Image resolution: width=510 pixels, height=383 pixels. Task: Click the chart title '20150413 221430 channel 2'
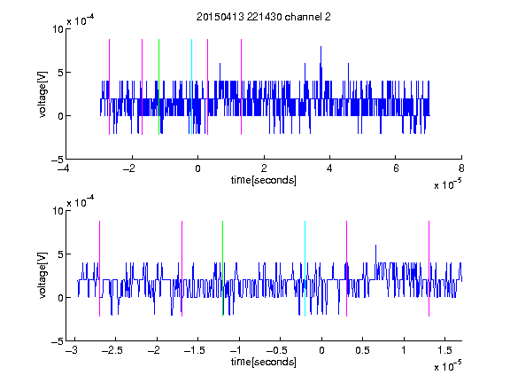(264, 17)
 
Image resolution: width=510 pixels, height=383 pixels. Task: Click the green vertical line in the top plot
(158, 87)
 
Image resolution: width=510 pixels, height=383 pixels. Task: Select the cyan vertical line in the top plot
(191, 87)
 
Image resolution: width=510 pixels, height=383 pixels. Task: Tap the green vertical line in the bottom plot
(222, 269)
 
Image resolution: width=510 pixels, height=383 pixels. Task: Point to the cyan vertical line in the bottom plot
(305, 269)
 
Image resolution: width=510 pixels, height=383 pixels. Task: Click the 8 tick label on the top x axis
(461, 168)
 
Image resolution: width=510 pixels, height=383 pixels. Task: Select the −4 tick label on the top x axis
(64, 168)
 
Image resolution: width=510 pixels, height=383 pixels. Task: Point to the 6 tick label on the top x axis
(396, 168)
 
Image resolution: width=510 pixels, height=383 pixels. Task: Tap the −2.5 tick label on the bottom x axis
(112, 350)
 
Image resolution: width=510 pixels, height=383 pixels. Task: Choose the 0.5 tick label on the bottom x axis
(362, 350)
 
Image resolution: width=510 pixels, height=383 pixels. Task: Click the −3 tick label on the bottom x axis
(72, 350)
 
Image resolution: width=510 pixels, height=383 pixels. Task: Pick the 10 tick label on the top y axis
(58, 29)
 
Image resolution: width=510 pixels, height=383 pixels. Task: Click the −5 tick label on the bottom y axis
(58, 341)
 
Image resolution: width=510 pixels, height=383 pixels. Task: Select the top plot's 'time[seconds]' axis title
(264, 180)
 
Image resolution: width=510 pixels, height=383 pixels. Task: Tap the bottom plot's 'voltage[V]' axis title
(42, 276)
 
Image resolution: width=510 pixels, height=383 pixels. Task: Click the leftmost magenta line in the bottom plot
(99, 269)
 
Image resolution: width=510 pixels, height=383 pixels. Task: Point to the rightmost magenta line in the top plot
(241, 87)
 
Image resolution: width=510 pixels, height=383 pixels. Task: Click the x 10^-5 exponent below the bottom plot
(447, 366)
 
